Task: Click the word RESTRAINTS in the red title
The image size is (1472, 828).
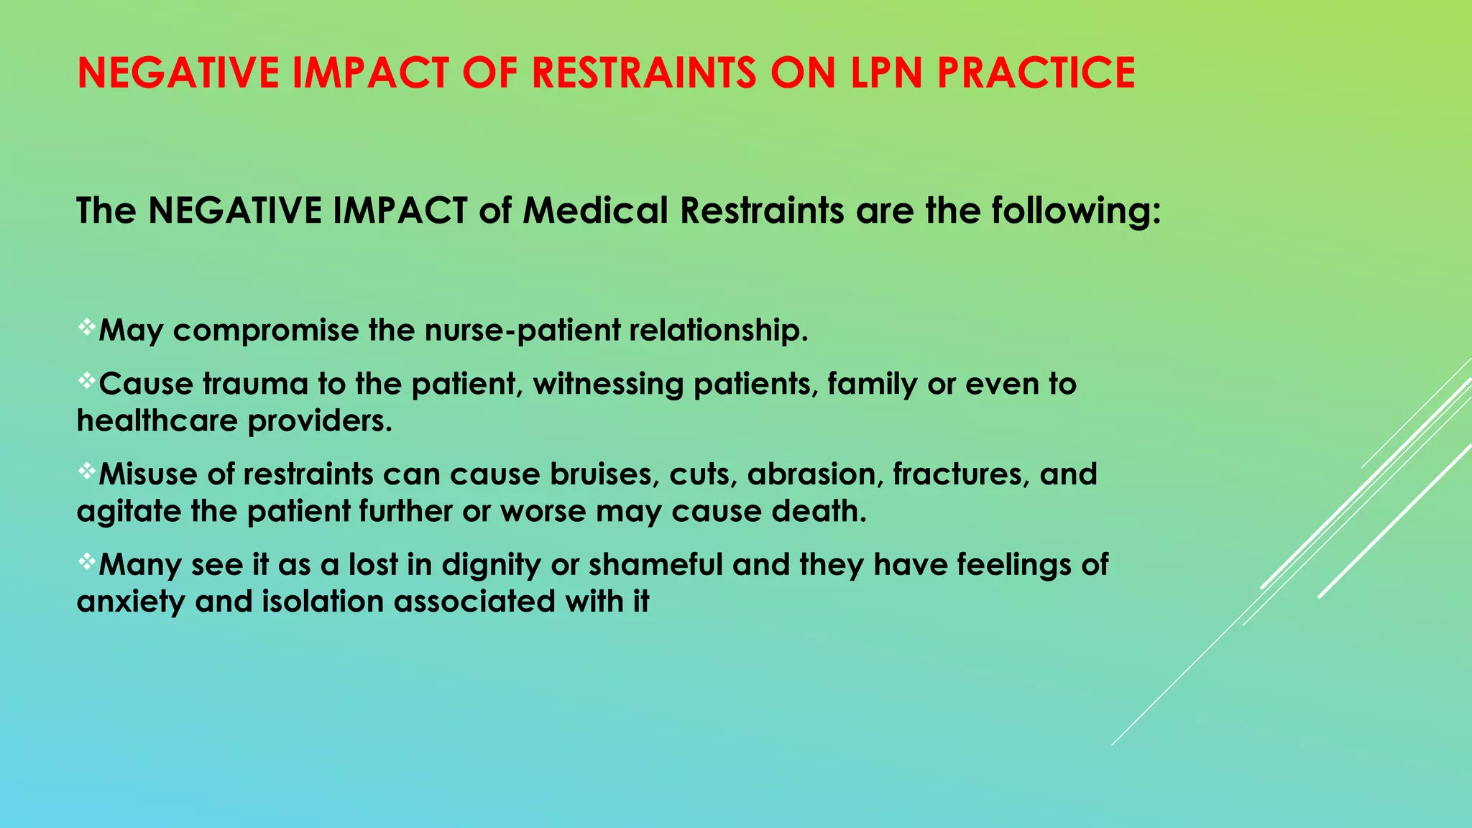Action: [644, 73]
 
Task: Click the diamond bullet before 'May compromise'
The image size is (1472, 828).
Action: [86, 328]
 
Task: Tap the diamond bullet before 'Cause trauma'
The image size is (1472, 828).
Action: [86, 382]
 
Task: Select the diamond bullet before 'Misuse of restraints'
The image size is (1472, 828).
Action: [86, 471]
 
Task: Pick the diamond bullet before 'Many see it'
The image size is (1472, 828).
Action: [86, 562]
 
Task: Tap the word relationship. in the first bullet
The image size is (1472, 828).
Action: [719, 331]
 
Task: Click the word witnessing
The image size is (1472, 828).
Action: [608, 385]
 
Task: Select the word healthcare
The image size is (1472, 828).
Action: [157, 421]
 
